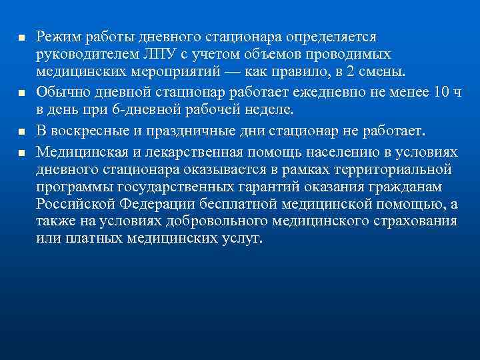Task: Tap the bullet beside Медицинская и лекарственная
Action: (x=21, y=152)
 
